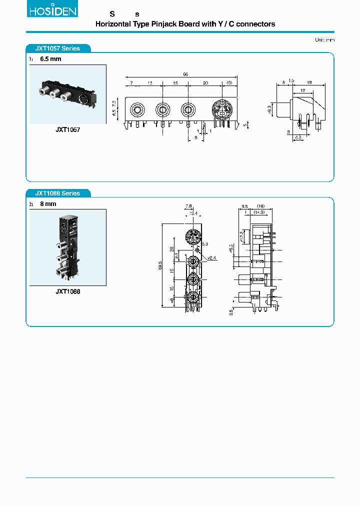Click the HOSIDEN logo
[x=52, y=10]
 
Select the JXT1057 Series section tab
[x=57, y=48]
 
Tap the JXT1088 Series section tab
[x=57, y=193]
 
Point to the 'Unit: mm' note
[x=324, y=39]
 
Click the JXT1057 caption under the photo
[x=67, y=129]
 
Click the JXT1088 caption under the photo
[x=67, y=291]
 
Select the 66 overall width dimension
[x=185, y=74]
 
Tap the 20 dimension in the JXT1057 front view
[x=206, y=83]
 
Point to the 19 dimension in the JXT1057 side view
[x=310, y=81]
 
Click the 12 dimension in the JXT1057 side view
[x=303, y=90]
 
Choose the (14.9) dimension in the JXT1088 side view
[x=258, y=212]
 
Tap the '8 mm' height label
[x=48, y=204]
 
